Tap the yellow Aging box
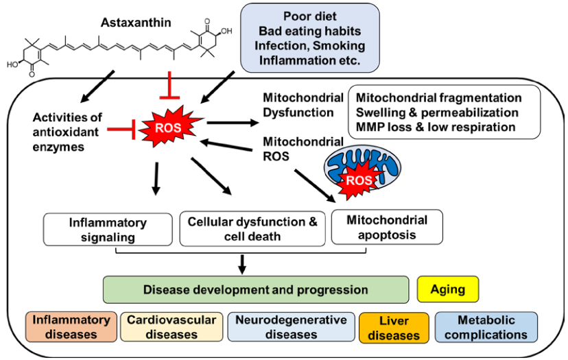click(447, 289)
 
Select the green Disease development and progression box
click(255, 289)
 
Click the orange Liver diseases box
click(393, 328)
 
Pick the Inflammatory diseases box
click(70, 327)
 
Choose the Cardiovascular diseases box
click(171, 327)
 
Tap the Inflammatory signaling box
click(108, 230)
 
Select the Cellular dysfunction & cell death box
click(252, 230)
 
